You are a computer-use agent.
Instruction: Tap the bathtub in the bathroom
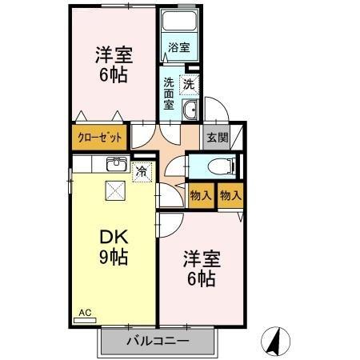179,23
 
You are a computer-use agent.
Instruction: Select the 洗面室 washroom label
170,92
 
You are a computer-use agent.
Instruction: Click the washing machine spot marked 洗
189,82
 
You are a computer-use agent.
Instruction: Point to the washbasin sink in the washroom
190,110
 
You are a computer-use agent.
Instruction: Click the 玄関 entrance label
216,137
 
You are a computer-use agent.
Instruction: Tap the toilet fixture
218,166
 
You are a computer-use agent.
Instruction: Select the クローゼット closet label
100,137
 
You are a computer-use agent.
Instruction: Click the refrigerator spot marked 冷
142,170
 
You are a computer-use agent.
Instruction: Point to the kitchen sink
114,166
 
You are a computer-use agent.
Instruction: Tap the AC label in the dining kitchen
85,313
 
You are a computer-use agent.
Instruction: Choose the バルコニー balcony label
158,342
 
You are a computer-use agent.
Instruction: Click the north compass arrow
274,342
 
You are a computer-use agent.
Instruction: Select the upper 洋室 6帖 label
113,65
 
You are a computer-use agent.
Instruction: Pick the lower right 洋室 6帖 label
200,269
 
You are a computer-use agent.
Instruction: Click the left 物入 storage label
200,196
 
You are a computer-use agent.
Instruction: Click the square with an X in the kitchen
115,190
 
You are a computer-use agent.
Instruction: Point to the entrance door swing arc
211,109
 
